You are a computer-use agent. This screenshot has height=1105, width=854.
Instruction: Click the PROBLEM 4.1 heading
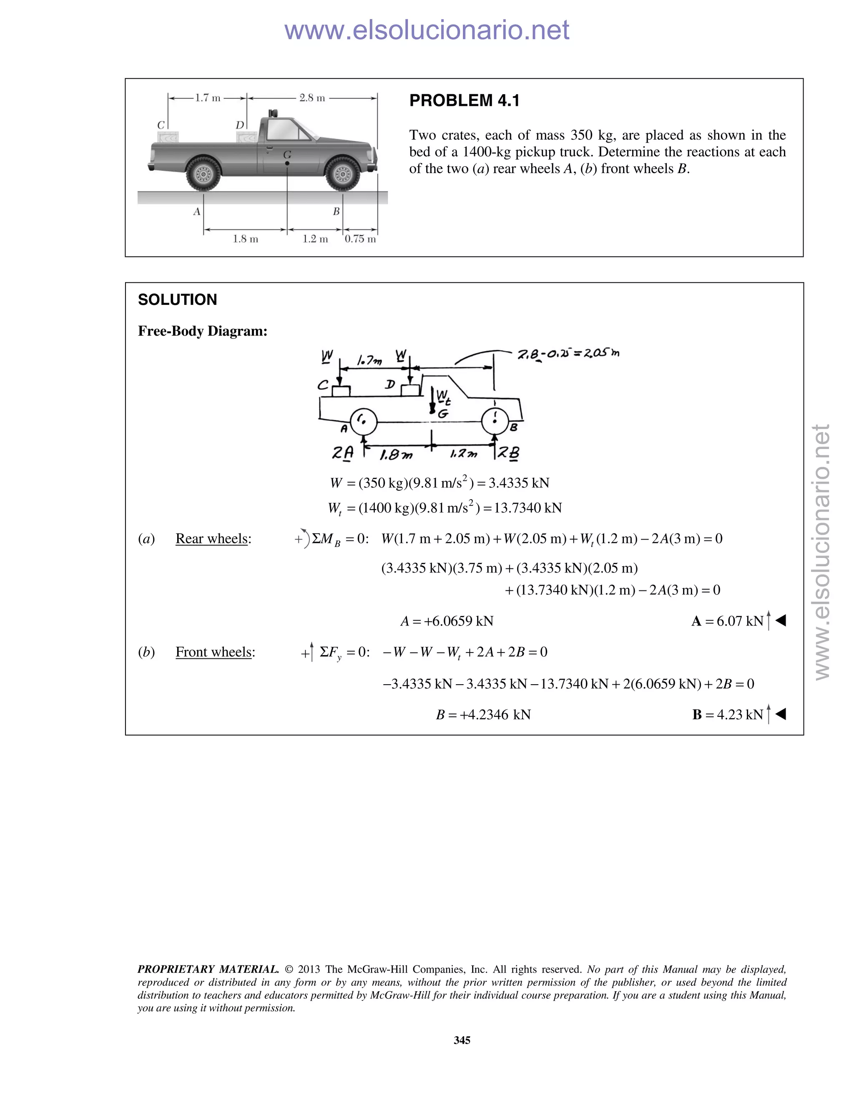pyautogui.click(x=464, y=100)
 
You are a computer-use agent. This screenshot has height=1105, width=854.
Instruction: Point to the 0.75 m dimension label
pyautogui.click(x=360, y=239)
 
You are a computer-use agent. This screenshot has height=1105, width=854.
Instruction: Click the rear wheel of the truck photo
pyautogui.click(x=203, y=173)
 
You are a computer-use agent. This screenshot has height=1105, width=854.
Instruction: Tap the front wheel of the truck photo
pyautogui.click(x=342, y=173)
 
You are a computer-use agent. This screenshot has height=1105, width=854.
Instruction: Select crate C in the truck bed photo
pyautogui.click(x=168, y=137)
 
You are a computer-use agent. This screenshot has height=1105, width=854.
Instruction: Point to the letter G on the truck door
pyautogui.click(x=287, y=154)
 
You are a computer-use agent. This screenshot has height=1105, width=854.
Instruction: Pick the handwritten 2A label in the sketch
pyautogui.click(x=342, y=453)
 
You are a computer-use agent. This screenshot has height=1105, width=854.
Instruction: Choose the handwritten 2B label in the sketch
pyautogui.click(x=508, y=453)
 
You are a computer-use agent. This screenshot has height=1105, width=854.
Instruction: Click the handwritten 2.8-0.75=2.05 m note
pyautogui.click(x=568, y=354)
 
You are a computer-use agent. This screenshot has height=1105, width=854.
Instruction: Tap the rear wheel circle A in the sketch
pyautogui.click(x=363, y=422)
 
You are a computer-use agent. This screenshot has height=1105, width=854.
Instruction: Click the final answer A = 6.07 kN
pyautogui.click(x=728, y=621)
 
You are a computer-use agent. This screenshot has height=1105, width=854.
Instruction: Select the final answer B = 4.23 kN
pyautogui.click(x=728, y=714)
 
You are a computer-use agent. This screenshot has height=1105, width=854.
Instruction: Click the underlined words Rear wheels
pyautogui.click(x=212, y=539)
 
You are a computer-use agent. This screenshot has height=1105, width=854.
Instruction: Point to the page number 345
pyautogui.click(x=462, y=1040)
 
